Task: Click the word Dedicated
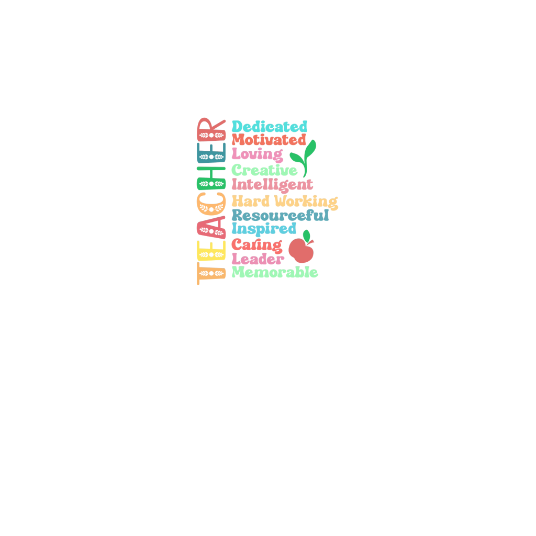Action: coord(270,127)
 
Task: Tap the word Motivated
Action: coord(269,140)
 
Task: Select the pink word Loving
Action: coord(257,155)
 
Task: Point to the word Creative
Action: coord(264,170)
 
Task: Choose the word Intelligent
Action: coord(272,185)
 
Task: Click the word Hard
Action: coord(251,201)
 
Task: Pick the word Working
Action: coord(306,202)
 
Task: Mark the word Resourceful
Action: coord(280,215)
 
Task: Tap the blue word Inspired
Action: coord(264,229)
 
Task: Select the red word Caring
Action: coord(256,245)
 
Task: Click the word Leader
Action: coord(258,259)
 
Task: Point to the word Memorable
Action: coord(275,272)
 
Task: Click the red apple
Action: coord(301,250)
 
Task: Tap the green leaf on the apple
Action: coord(307,236)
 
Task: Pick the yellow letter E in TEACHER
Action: coord(211,250)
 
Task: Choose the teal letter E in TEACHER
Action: coord(211,153)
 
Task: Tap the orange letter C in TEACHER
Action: coord(211,204)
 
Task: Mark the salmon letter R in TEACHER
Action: coord(211,130)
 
